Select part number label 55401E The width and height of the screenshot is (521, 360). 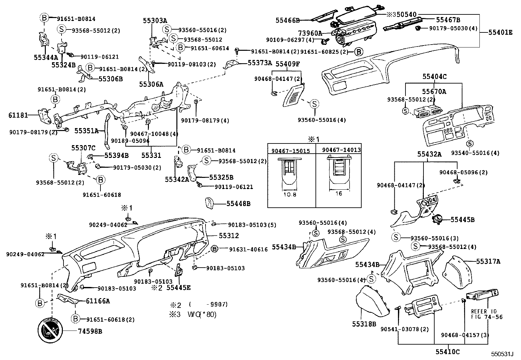point(500,32)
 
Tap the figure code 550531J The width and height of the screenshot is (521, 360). point(502,354)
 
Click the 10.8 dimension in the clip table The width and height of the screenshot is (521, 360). point(289,194)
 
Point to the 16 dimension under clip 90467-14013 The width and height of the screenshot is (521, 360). point(339,194)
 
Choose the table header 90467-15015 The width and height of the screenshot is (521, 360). point(291,150)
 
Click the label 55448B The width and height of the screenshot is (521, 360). point(238,204)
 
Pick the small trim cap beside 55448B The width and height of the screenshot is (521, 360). point(209,203)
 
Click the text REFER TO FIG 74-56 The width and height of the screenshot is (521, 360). point(487,314)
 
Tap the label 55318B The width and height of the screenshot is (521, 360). point(364,324)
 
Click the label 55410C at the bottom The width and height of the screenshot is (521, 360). point(447,352)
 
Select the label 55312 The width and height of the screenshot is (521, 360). point(229,236)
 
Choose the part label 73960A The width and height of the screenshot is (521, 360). point(310,33)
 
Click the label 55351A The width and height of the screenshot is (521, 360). point(86,131)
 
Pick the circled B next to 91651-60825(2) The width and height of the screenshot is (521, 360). point(359,52)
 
